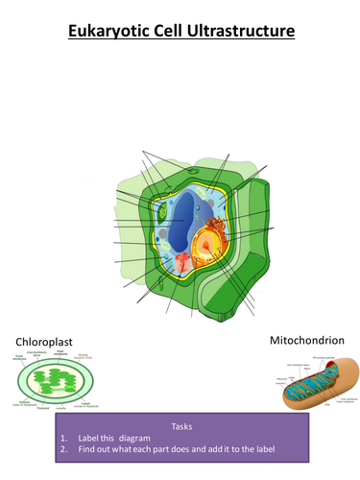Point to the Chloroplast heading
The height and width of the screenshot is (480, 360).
(46, 342)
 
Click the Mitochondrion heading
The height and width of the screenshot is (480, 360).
(308, 340)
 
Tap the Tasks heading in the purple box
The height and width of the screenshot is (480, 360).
(181, 425)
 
